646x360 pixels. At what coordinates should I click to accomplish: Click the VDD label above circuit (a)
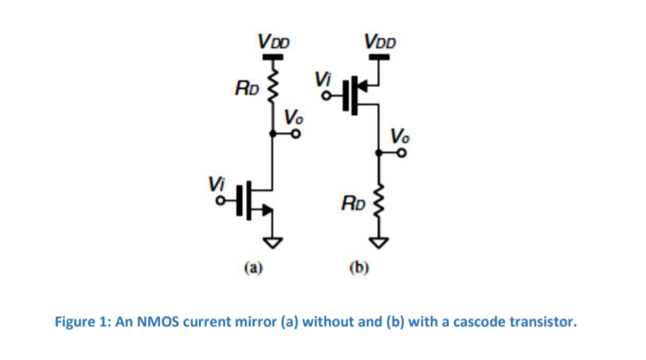click(x=273, y=42)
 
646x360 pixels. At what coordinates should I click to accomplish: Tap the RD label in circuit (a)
click(x=246, y=87)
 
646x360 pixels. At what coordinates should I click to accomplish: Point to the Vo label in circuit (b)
click(x=400, y=135)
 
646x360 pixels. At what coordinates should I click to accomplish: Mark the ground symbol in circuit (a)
click(x=273, y=240)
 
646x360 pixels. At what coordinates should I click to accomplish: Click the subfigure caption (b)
click(x=359, y=268)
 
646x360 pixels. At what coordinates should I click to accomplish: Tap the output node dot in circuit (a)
click(x=273, y=134)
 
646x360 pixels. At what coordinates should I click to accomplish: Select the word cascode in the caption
click(x=485, y=323)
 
